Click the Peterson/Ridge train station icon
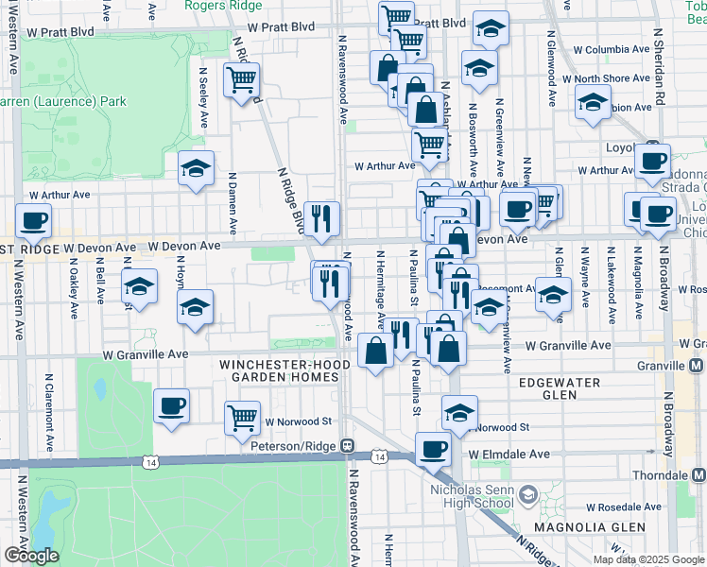coord(348,445)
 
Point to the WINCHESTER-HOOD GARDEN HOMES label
coord(279,370)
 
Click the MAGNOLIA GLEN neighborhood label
coord(576,525)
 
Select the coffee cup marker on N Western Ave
coord(33,222)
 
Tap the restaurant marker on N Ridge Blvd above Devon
coord(322,218)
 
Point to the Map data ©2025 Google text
coord(647,559)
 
